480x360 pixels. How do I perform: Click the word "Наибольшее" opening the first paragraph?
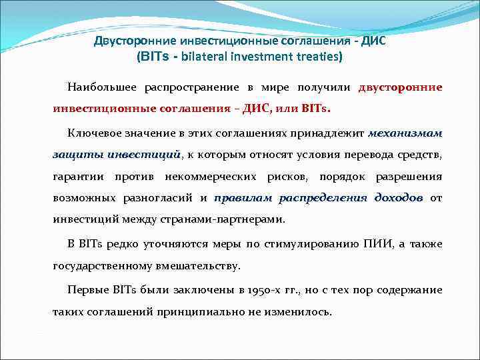97,87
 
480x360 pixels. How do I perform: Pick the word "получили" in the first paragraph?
325,87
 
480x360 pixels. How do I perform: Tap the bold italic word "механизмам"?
405,133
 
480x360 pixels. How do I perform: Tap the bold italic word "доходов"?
399,199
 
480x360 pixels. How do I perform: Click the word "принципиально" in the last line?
216,312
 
